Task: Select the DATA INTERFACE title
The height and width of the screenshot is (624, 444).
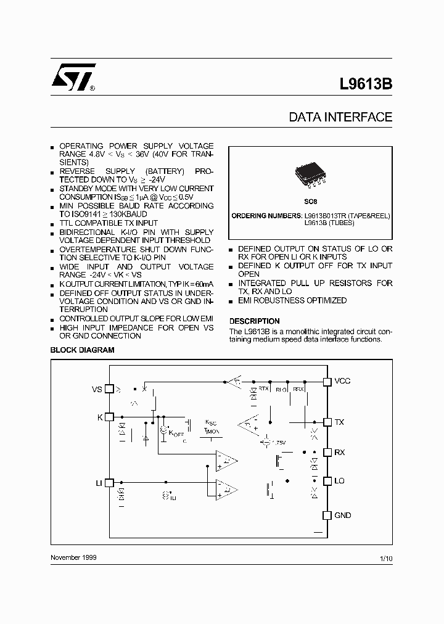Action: (340, 117)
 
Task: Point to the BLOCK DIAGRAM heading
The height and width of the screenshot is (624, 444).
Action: (82, 350)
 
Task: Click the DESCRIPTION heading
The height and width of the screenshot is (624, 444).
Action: (254, 321)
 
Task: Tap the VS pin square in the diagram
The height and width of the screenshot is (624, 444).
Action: (109, 389)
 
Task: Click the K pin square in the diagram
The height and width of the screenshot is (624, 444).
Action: (109, 417)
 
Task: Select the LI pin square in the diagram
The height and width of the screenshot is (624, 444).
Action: (109, 483)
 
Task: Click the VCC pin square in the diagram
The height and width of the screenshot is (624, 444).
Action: (327, 382)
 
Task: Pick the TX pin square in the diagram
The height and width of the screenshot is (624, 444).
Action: (327, 422)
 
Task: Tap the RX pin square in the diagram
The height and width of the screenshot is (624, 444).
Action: (327, 452)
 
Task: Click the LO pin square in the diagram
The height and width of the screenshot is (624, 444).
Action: (327, 481)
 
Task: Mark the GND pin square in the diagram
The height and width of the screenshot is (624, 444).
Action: (327, 515)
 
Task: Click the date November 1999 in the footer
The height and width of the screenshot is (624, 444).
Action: (73, 557)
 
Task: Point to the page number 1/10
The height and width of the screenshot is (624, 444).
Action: (386, 558)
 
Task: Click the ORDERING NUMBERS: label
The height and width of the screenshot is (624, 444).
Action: (266, 215)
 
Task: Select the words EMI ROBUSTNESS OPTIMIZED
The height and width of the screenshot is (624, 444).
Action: (292, 300)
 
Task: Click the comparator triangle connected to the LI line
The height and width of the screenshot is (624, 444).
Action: (226, 489)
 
